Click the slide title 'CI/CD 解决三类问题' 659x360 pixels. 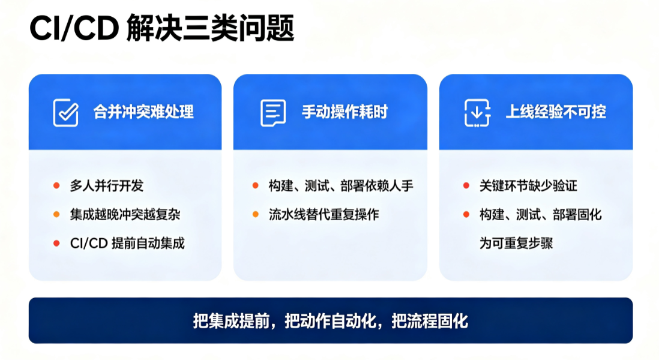[162, 28]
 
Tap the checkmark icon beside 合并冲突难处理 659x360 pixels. [66, 113]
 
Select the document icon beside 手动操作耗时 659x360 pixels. [273, 113]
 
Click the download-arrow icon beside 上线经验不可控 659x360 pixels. [477, 113]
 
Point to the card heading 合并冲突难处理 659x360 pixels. [143, 112]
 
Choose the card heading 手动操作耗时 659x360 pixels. [345, 112]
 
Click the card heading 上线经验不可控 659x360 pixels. [556, 112]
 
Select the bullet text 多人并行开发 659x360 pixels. [107, 185]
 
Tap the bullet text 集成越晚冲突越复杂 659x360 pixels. [125, 215]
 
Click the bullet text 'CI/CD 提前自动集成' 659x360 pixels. [127, 243]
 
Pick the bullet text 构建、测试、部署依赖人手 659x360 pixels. [342, 185]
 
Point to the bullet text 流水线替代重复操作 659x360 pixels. [324, 215]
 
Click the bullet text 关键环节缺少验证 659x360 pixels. [528, 185]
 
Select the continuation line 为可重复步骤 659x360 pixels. [516, 243]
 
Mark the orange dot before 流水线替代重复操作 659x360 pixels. [256, 215]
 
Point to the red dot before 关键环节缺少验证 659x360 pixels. [466, 185]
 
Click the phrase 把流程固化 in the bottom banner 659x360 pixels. [430, 322]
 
